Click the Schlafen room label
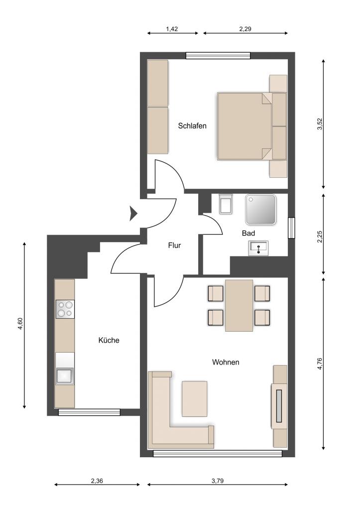click(x=192, y=126)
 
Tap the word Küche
click(x=109, y=340)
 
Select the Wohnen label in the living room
click(x=226, y=362)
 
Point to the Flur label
click(x=174, y=246)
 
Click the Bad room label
click(x=248, y=233)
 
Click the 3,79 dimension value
click(x=218, y=481)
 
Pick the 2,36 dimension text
click(x=97, y=481)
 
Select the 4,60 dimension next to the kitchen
click(x=20, y=324)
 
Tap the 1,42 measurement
click(x=172, y=29)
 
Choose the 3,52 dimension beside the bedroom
click(x=320, y=124)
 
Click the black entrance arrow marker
click(x=133, y=213)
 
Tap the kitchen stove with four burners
click(x=65, y=309)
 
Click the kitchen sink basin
click(x=65, y=376)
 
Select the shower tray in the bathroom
click(x=261, y=210)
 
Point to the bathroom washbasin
click(x=258, y=248)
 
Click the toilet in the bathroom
click(x=226, y=204)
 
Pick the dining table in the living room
click(x=239, y=305)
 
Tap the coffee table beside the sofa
click(x=195, y=399)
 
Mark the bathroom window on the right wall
click(x=292, y=228)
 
